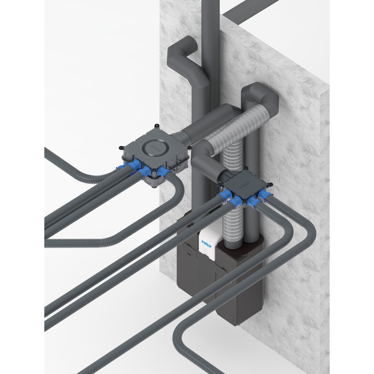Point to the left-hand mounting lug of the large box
(120, 146)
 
